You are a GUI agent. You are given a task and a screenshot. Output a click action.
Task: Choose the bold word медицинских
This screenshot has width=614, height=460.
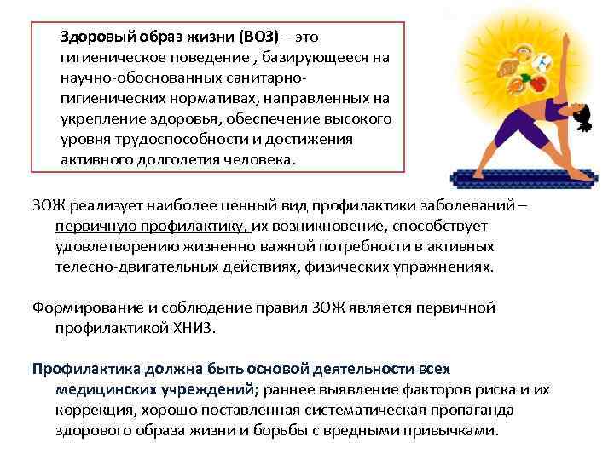[100, 389]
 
